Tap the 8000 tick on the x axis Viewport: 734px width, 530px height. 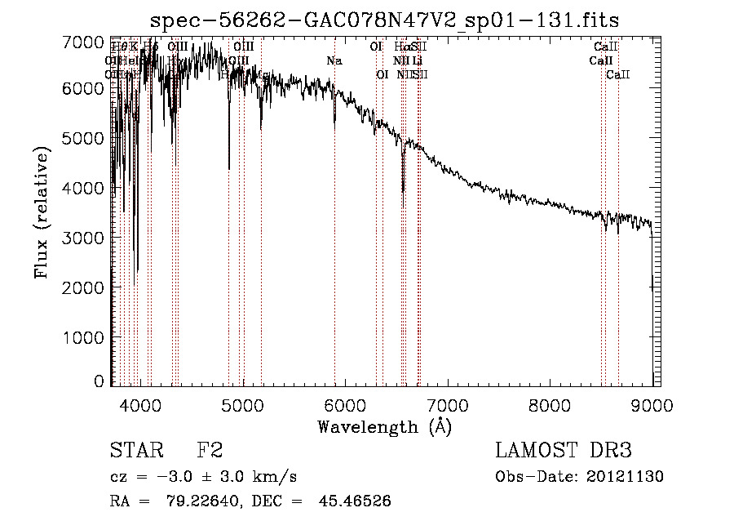coord(550,402)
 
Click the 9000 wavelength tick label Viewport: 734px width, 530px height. coord(652,402)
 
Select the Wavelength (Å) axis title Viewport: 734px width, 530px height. coord(384,425)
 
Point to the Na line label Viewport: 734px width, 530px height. coord(334,60)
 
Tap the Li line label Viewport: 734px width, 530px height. coord(417,60)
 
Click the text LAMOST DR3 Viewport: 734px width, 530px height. coord(563,451)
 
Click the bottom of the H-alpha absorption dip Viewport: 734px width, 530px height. coord(403,191)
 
